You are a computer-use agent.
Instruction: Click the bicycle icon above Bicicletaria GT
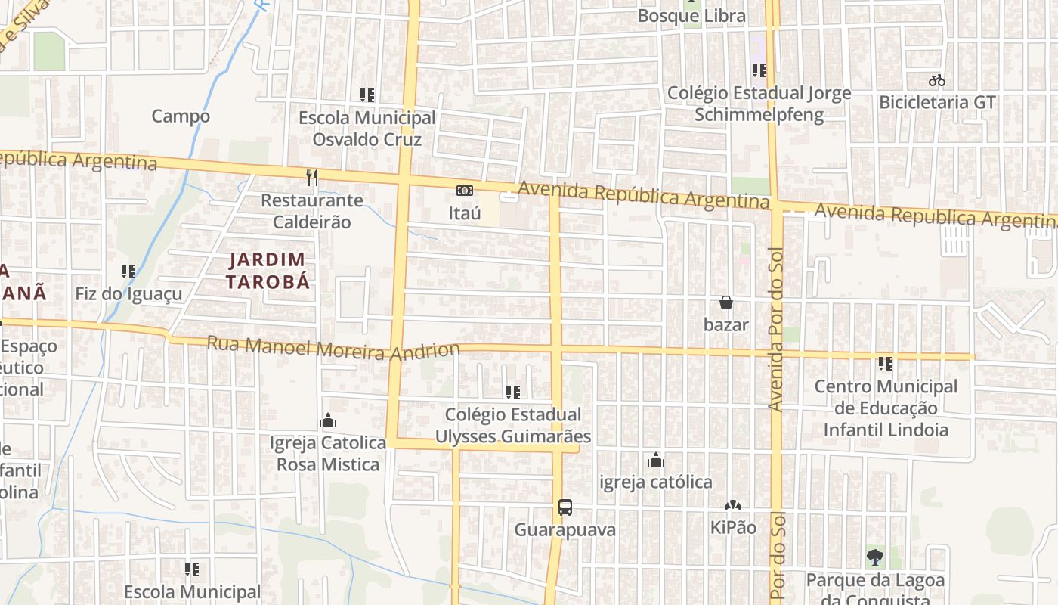(x=937, y=80)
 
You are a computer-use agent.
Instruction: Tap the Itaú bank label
(x=465, y=213)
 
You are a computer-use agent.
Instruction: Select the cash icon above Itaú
(x=465, y=191)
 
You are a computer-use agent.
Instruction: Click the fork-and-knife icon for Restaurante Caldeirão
(x=312, y=178)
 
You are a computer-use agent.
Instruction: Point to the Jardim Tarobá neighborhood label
(x=270, y=271)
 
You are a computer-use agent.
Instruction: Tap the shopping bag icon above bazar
(x=726, y=302)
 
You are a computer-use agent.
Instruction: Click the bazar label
(x=726, y=325)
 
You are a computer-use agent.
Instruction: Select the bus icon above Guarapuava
(x=565, y=507)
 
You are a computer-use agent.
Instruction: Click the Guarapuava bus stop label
(x=565, y=530)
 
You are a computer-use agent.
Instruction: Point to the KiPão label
(x=732, y=528)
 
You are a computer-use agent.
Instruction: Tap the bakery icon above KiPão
(x=732, y=505)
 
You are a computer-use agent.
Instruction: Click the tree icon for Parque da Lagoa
(x=875, y=558)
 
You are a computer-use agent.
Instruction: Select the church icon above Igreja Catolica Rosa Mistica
(x=328, y=420)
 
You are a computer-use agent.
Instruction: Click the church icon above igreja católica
(x=655, y=460)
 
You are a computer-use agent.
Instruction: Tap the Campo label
(x=181, y=116)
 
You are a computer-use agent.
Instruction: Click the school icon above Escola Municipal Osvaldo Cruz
(x=367, y=95)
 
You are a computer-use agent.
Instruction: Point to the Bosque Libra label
(x=691, y=16)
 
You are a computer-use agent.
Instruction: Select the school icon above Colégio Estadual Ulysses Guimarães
(x=513, y=392)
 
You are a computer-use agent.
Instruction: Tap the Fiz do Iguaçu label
(x=128, y=293)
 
